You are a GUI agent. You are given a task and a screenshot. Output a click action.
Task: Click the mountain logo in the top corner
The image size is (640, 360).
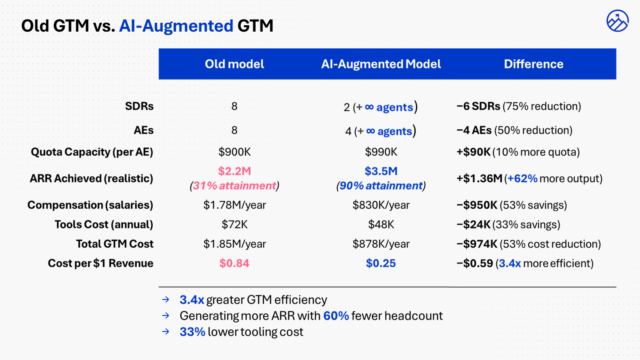(617, 21)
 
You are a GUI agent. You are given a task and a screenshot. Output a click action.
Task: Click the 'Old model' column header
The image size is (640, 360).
(234, 64)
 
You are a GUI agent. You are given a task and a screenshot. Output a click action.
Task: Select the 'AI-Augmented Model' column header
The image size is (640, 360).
(381, 64)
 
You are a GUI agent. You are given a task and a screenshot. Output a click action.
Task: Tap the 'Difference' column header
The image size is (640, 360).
(534, 64)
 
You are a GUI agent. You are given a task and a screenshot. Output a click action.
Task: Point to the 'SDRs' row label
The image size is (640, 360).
(139, 106)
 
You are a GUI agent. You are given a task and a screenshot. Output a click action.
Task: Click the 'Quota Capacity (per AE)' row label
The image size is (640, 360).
(92, 152)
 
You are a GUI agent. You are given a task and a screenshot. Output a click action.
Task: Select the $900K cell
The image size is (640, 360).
(234, 152)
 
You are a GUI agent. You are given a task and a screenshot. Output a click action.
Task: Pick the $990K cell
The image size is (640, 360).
(381, 152)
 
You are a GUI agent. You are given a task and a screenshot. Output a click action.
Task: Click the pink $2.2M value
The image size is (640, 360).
(234, 171)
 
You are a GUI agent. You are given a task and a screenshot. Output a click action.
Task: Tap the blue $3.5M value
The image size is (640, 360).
(381, 171)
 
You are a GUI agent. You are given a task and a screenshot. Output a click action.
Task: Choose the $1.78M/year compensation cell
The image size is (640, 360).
(234, 205)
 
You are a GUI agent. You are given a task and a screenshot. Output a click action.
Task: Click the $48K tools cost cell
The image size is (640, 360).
(381, 224)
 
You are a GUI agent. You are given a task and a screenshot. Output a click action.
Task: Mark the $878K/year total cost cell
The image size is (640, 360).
(381, 244)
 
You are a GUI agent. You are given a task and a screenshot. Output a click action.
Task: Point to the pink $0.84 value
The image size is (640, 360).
(234, 263)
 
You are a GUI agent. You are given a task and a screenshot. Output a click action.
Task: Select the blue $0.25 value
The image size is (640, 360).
(381, 263)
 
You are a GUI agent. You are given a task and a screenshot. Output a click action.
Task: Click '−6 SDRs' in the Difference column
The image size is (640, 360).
(478, 106)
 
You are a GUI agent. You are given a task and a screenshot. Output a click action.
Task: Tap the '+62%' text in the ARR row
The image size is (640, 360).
(522, 178)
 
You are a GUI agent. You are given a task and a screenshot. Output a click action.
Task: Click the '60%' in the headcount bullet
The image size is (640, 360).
(336, 316)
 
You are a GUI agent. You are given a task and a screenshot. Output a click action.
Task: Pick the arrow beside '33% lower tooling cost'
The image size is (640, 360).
(166, 332)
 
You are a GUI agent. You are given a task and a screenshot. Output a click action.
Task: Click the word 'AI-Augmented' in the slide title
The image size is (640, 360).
(176, 26)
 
